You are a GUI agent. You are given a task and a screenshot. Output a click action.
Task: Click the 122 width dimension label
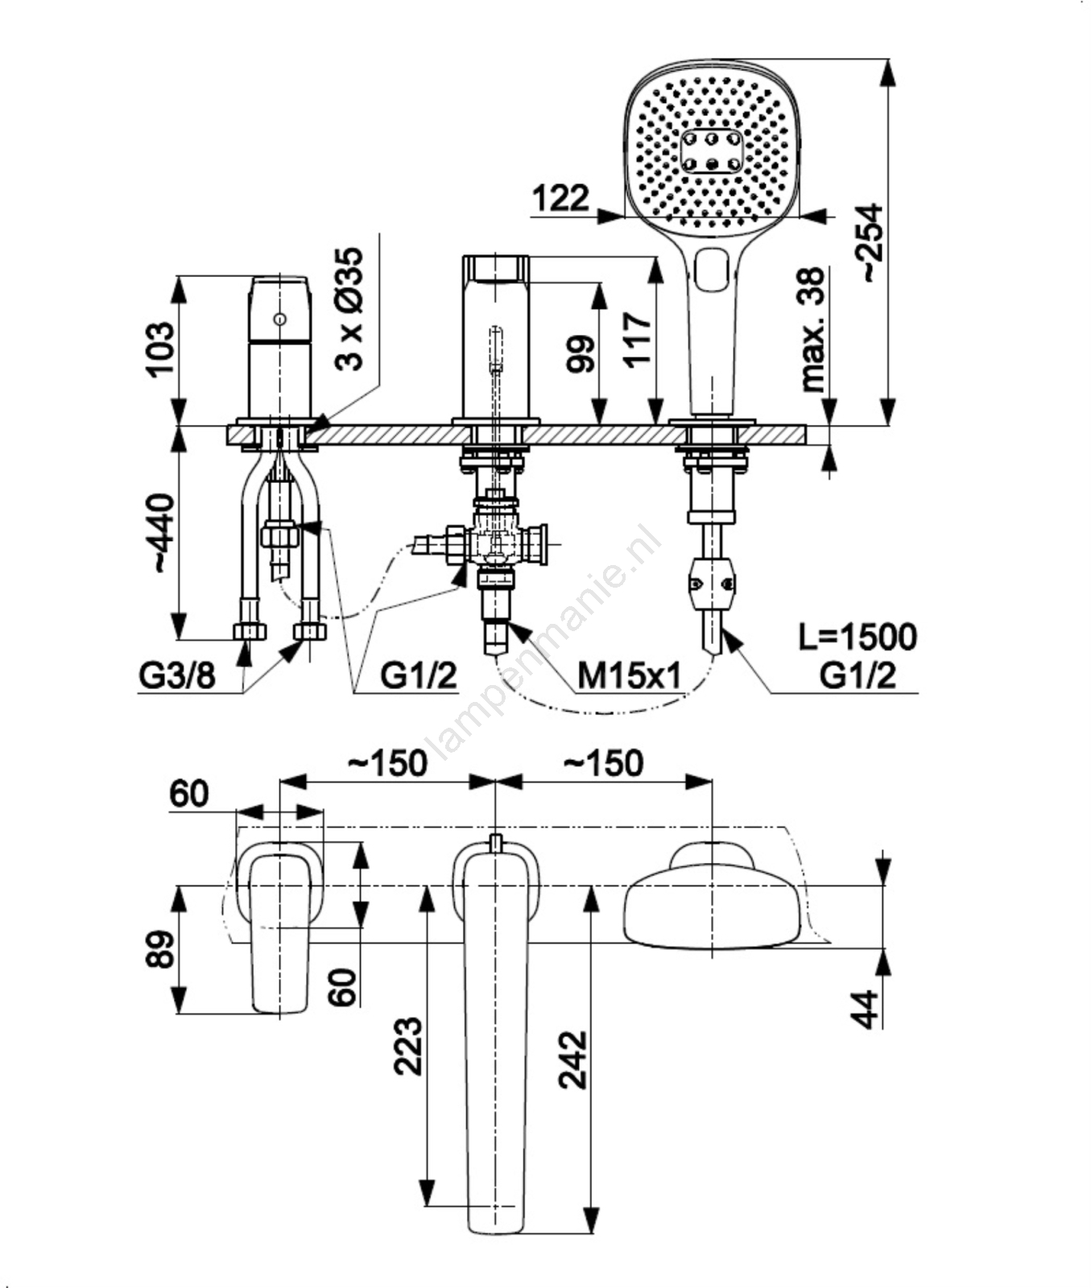point(560,198)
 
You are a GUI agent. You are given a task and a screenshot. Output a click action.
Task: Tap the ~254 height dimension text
point(870,242)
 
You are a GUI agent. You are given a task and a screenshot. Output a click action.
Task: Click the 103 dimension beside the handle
point(159,348)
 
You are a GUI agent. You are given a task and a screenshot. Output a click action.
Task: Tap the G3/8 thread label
point(177,676)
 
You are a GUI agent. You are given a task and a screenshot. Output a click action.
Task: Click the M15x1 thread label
point(629,677)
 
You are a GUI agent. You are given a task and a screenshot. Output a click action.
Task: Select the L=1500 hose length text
point(858,637)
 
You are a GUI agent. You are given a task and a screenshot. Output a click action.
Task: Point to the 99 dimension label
point(581,353)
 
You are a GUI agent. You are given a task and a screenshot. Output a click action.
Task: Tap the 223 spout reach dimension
point(408,1046)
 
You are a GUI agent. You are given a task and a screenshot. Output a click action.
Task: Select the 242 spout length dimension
point(573,1059)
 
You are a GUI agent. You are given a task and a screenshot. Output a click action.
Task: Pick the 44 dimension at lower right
point(866,1009)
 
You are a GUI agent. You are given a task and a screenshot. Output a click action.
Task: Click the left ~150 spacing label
point(387,763)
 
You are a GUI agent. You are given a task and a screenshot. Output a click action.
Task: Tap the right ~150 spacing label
point(603,763)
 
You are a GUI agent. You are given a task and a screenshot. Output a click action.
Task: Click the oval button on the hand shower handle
point(711,270)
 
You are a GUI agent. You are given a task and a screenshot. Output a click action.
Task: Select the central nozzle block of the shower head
point(711,151)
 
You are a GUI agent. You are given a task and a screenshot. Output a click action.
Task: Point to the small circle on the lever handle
point(279,319)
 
